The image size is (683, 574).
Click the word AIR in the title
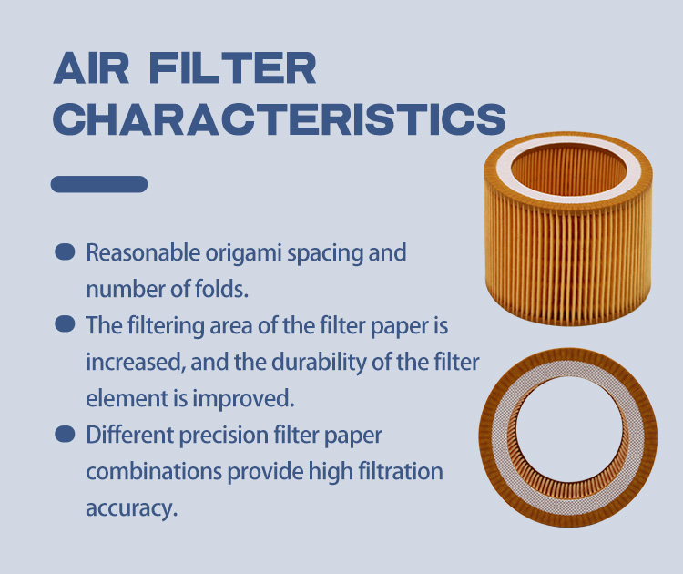click(x=91, y=68)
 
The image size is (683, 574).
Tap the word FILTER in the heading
click(x=232, y=68)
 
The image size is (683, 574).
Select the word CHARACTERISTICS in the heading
click(x=280, y=119)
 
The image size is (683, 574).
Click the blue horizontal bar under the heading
click(x=99, y=184)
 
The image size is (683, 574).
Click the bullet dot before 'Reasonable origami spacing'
click(x=65, y=251)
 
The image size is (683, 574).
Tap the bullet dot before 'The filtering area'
click(x=65, y=323)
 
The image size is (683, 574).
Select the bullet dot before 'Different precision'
click(x=65, y=434)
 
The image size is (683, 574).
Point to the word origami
click(x=243, y=253)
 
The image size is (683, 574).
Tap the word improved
click(x=243, y=399)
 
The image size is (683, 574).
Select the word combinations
click(x=154, y=472)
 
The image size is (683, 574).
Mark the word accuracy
click(x=131, y=509)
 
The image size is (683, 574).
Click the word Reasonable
click(x=143, y=252)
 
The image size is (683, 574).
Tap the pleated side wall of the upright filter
click(x=567, y=261)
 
